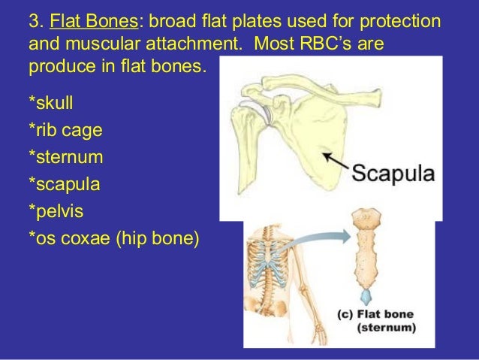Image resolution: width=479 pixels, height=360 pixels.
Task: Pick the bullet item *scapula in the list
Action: click(x=65, y=183)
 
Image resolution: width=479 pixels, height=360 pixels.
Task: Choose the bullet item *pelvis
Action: click(x=59, y=211)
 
